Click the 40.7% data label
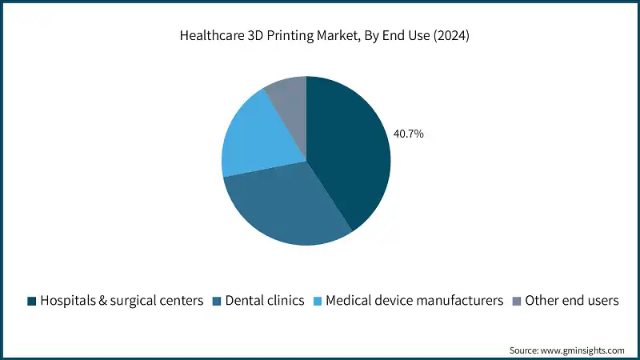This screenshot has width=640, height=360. [x=408, y=134]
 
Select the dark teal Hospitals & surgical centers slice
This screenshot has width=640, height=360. [x=349, y=152]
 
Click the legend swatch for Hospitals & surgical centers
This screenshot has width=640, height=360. [x=31, y=301]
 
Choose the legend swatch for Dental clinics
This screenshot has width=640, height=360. [x=217, y=301]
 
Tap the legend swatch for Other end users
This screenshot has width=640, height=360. [x=516, y=301]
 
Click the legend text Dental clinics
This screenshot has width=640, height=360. [x=265, y=301]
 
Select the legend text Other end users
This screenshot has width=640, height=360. [x=573, y=301]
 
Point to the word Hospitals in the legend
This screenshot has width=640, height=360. [x=69, y=301]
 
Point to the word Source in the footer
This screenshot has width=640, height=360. [x=525, y=350]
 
